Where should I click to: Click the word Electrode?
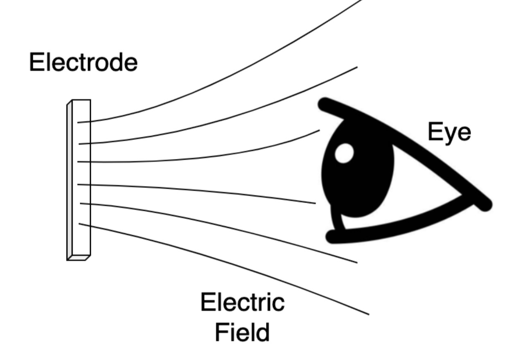pyautogui.click(x=83, y=63)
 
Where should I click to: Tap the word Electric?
pyautogui.click(x=242, y=303)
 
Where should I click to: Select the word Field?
pyautogui.click(x=242, y=332)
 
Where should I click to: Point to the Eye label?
pyautogui.click(x=449, y=132)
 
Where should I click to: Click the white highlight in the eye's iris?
pyautogui.click(x=344, y=153)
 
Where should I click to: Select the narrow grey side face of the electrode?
pyautogui.click(x=69, y=180)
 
